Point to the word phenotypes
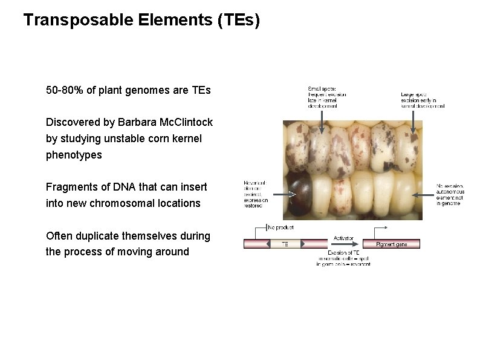pyautogui.click(x=74, y=155)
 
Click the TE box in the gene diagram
pyautogui.click(x=285, y=244)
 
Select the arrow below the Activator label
pyautogui.click(x=343, y=244)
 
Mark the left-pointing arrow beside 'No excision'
pyautogui.click(x=423, y=195)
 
